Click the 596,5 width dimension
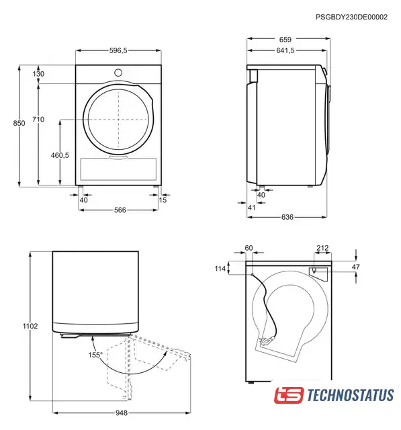118,50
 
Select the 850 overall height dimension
19,123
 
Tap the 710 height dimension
38,120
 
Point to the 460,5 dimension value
60,155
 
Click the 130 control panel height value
38,74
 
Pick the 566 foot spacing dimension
120,210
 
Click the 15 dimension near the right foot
163,200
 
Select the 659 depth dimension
285,40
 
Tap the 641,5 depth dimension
285,50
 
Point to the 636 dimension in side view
287,217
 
